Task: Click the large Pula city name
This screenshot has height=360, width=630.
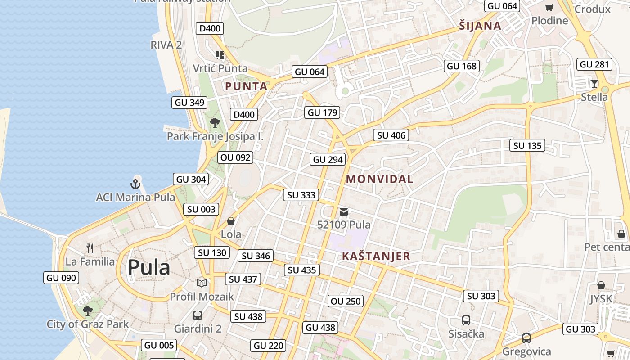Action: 149,267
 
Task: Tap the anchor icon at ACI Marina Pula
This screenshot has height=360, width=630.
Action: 135,184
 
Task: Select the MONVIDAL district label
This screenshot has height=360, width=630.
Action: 379,179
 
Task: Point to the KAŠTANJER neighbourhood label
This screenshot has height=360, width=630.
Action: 376,256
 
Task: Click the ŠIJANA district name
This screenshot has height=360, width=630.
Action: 480,26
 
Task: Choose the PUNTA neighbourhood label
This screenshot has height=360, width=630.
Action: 246,86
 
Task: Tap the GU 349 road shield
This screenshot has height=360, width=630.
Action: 189,103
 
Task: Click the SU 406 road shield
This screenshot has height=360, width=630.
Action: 391,135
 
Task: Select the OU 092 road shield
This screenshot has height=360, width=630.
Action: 235,158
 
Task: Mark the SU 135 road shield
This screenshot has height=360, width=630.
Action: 527,146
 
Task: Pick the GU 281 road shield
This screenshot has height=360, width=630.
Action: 594,64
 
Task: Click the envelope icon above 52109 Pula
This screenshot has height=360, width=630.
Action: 344,211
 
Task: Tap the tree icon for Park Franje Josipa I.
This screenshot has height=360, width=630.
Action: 215,122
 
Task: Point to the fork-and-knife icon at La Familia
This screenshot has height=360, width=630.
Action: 90,248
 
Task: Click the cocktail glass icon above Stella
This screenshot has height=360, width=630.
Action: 594,83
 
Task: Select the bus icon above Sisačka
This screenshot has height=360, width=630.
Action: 466,320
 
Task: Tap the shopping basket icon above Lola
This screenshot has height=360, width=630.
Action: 231,221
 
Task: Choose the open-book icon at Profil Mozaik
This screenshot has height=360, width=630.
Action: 202,283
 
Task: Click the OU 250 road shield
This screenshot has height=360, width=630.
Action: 346,301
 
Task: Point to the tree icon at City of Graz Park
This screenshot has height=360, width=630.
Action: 88,310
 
